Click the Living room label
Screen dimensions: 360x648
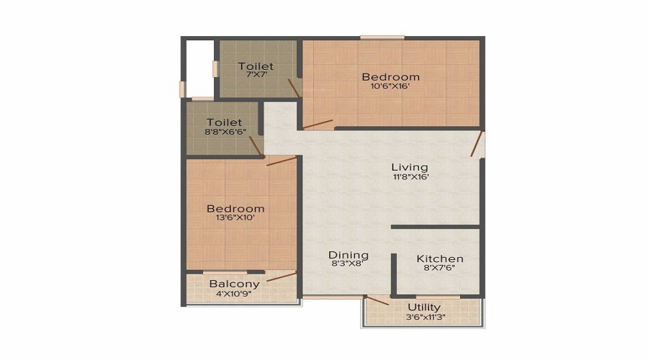pyautogui.click(x=410, y=167)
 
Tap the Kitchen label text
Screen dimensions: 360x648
pyautogui.click(x=440, y=258)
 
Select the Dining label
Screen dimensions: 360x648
pyautogui.click(x=348, y=255)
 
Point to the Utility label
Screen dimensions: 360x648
pyautogui.click(x=424, y=307)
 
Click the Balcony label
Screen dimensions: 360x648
pyautogui.click(x=235, y=284)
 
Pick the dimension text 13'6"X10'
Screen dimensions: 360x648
pyautogui.click(x=235, y=219)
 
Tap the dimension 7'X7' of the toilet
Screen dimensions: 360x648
pyautogui.click(x=256, y=76)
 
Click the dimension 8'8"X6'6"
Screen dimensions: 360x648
pyautogui.click(x=224, y=132)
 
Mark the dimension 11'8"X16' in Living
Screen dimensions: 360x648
pyautogui.click(x=410, y=177)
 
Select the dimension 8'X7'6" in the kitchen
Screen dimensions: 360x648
pyautogui.click(x=440, y=268)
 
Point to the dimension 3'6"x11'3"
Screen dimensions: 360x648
pyautogui.click(x=424, y=317)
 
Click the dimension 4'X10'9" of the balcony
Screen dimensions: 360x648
pyautogui.click(x=235, y=294)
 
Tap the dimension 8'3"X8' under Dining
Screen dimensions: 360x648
pyautogui.click(x=348, y=265)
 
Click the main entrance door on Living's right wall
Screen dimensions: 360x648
pyautogui.click(x=477, y=144)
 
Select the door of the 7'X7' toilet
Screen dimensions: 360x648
pyautogui.click(x=294, y=88)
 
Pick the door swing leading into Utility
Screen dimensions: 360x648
pyautogui.click(x=377, y=300)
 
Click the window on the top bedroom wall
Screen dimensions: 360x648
pyautogui.click(x=382, y=37)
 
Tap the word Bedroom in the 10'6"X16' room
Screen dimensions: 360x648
pyautogui.click(x=390, y=76)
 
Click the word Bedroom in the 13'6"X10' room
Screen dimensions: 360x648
pyautogui.click(x=235, y=209)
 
